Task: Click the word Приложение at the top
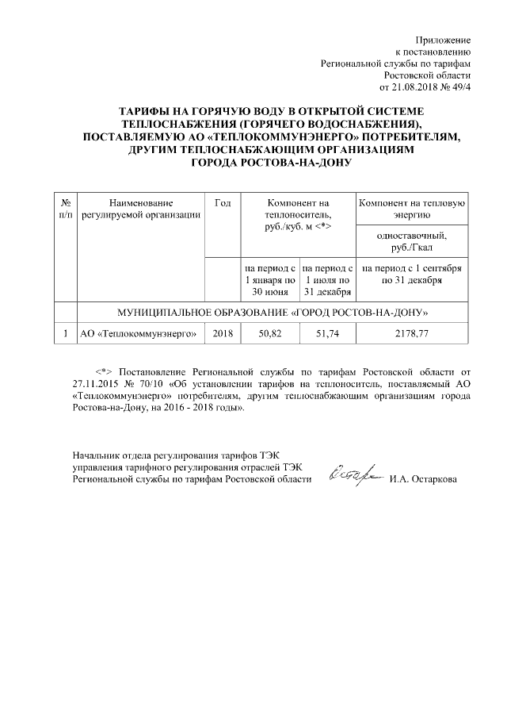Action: [444, 40]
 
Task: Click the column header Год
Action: [223, 204]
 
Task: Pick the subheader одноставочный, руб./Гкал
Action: [411, 240]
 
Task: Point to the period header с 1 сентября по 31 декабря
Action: [411, 275]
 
